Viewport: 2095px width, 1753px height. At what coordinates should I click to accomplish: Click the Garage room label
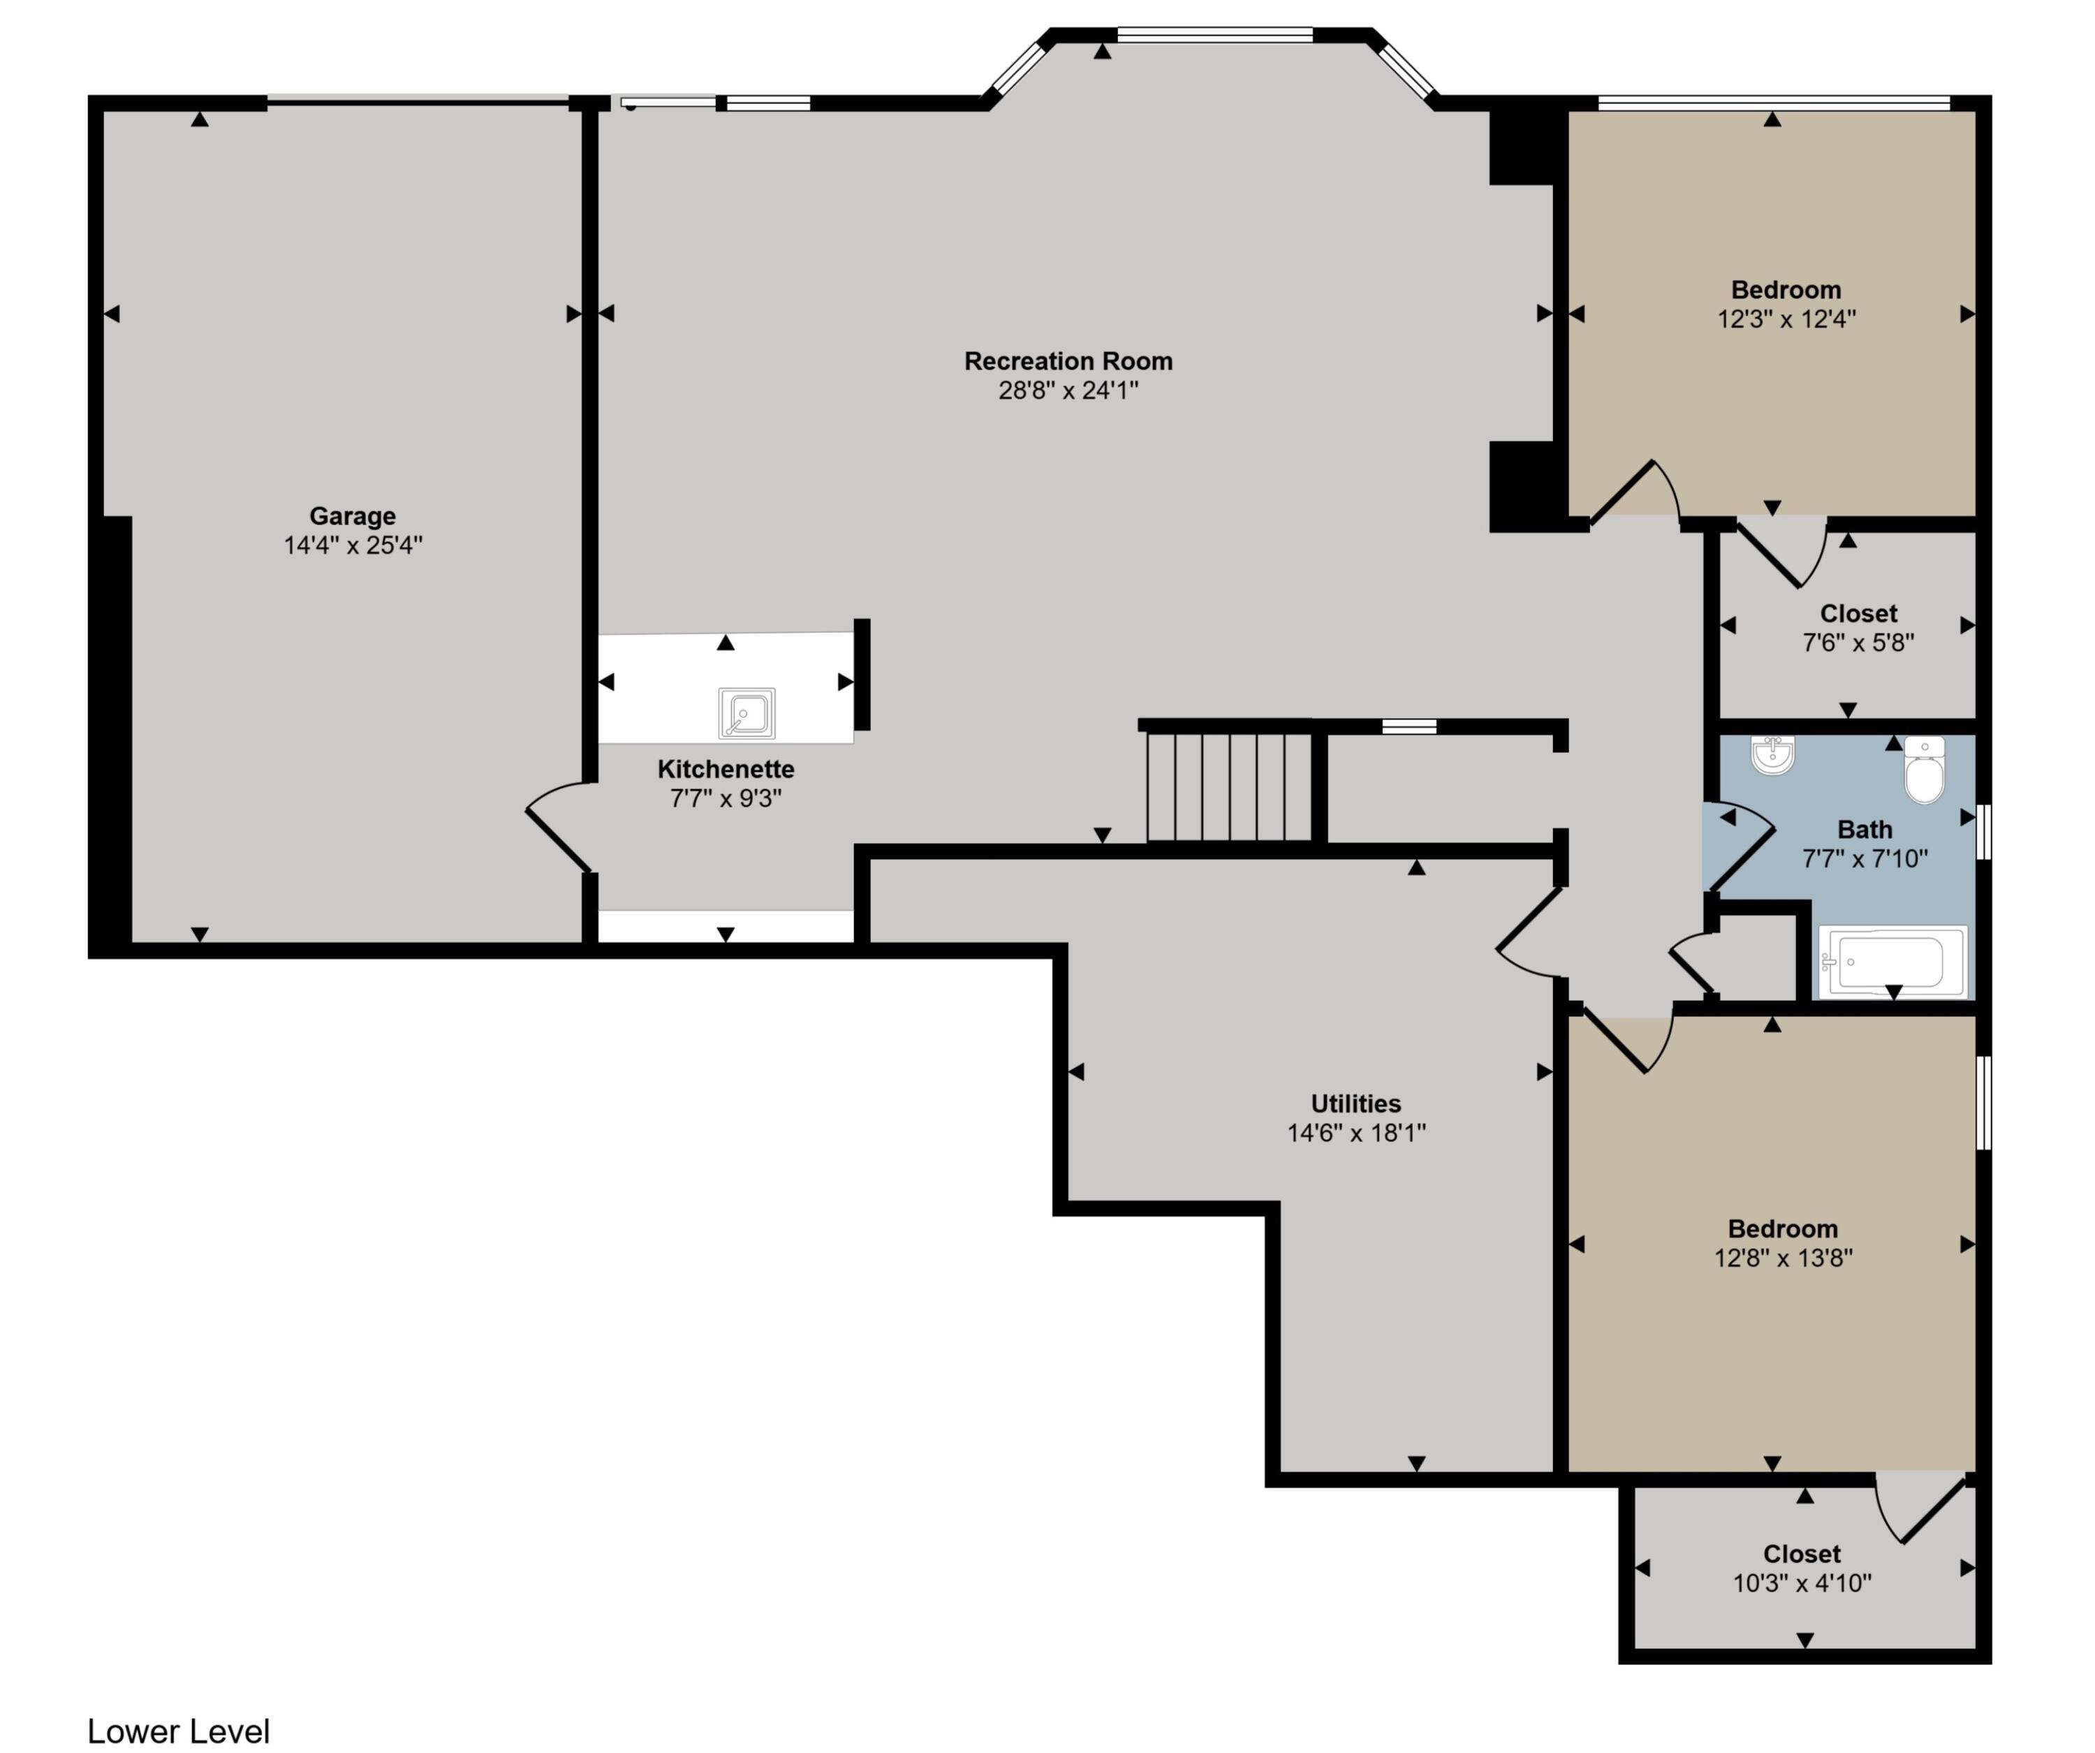[352, 516]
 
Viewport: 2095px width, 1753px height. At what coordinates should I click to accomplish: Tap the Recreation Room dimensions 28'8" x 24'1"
[1068, 390]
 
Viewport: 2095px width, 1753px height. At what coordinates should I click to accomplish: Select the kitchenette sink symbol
[747, 712]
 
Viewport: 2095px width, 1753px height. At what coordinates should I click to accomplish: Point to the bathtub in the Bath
[1892, 962]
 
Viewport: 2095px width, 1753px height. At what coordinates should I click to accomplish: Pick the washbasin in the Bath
[1772, 754]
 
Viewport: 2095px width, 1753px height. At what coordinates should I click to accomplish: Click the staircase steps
[1228, 787]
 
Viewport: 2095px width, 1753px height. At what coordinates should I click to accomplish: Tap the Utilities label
[1355, 1103]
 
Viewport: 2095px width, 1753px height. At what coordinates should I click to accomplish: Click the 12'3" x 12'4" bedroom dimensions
[1786, 319]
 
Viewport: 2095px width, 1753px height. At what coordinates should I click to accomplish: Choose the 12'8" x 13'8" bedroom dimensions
[1783, 1258]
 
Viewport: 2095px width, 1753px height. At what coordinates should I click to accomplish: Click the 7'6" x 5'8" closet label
[1858, 643]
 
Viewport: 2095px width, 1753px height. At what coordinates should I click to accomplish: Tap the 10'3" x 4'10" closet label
[1802, 1583]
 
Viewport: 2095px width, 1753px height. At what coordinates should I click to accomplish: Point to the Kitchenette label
[726, 769]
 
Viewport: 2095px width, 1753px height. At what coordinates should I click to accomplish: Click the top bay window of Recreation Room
[1214, 36]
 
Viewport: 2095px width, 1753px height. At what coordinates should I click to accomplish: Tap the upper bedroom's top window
[1773, 102]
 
